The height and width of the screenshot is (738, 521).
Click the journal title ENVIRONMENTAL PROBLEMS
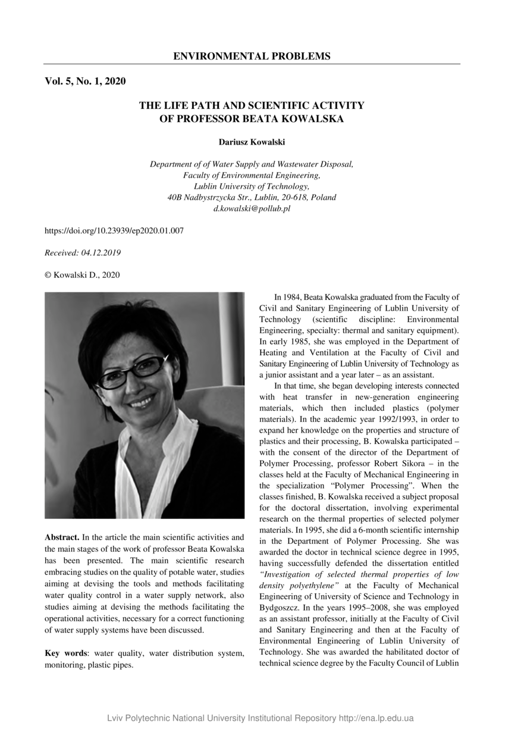pyautogui.click(x=252, y=57)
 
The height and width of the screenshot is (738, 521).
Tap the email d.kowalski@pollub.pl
pyautogui.click(x=252, y=209)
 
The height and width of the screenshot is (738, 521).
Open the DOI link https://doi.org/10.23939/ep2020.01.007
pyautogui.click(x=114, y=230)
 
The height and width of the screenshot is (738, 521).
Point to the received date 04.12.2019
pyautogui.click(x=101, y=252)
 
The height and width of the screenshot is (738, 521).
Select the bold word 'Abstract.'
pyautogui.click(x=62, y=537)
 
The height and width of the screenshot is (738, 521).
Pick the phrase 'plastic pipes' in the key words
pyautogui.click(x=110, y=665)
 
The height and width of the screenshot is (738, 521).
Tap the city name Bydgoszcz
pyautogui.click(x=277, y=608)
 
